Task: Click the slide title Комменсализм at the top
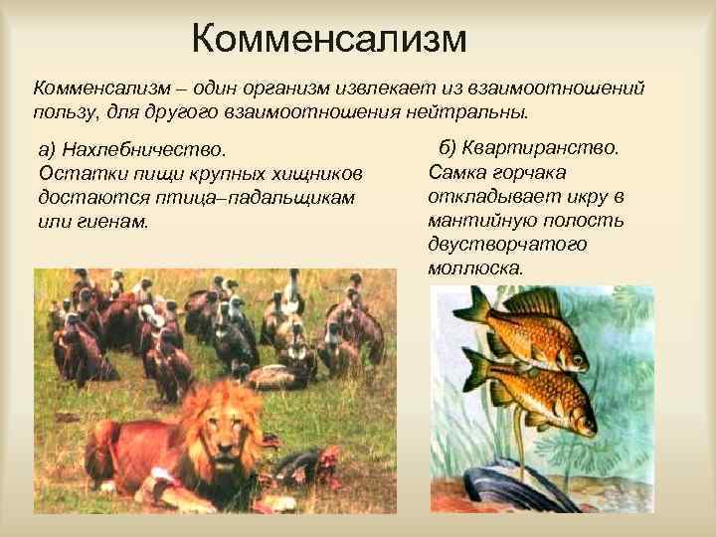coord(328,40)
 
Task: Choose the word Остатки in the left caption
coord(74,174)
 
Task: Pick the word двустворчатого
coord(507,244)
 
